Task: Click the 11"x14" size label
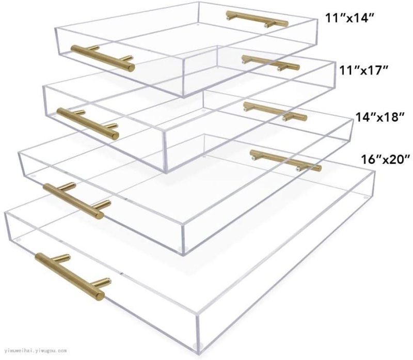[350, 18]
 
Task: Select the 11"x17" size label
[364, 70]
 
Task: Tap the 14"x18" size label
[380, 117]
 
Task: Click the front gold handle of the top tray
[103, 58]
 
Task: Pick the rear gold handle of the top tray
[257, 19]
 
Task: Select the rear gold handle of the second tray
[271, 63]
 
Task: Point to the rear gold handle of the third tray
[275, 112]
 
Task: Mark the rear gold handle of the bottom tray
[285, 161]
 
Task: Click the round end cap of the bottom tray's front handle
[100, 296]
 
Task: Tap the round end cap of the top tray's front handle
[131, 68]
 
